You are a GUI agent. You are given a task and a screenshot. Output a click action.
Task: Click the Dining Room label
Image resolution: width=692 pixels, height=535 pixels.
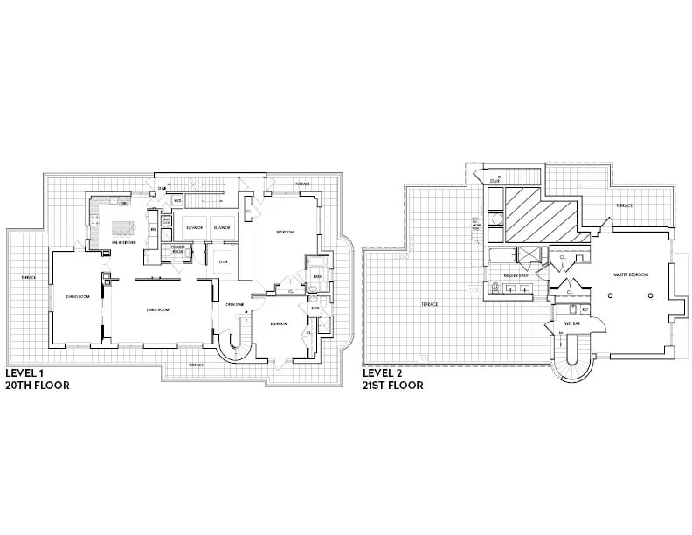coord(79,297)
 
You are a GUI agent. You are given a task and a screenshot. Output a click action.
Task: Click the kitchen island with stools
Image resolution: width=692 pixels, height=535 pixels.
coord(125,230)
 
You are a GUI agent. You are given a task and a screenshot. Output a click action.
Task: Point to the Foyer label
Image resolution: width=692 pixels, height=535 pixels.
coord(223,261)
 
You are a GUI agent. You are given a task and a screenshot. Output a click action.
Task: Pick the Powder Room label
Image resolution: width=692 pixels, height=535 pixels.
coord(179,250)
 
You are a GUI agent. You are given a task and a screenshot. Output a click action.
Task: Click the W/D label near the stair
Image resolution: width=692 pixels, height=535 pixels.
coord(176,201)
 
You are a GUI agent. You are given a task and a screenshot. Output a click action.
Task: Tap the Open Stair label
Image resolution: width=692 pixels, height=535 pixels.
coord(234,304)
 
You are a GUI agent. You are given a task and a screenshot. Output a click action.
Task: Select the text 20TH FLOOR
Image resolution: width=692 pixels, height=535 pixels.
coord(37,385)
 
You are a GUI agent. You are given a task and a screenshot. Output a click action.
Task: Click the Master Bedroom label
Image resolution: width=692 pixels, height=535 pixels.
coord(631,274)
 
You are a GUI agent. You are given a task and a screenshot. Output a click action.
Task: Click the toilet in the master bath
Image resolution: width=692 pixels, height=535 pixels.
coord(495,288)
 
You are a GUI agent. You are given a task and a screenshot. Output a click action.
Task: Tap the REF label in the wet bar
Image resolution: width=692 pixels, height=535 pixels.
coord(585,309)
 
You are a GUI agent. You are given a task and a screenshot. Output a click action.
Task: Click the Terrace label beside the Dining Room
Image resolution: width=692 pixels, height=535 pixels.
coord(29,278)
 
